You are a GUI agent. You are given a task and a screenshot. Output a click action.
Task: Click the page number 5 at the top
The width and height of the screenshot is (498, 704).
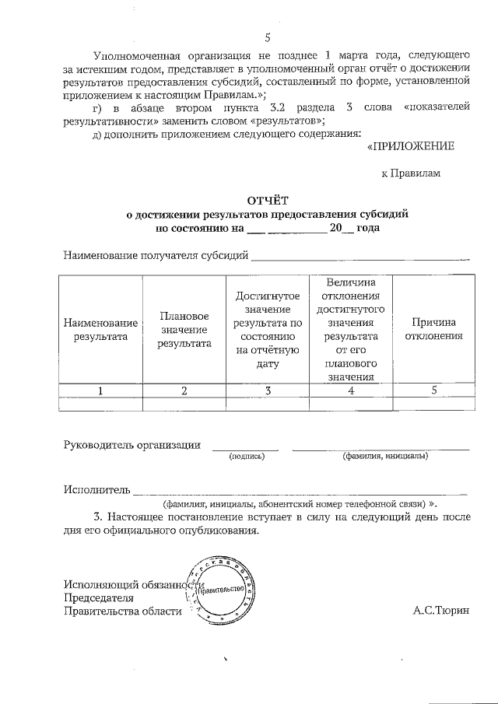(267, 37)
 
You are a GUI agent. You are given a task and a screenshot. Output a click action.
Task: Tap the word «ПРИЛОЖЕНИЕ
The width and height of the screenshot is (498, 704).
(409, 145)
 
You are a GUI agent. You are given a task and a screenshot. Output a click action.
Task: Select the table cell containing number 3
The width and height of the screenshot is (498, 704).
(268, 391)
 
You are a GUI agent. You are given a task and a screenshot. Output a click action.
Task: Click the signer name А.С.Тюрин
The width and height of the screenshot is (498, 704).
(441, 611)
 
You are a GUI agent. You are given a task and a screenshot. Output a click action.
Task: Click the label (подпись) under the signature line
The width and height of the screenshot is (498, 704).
(246, 457)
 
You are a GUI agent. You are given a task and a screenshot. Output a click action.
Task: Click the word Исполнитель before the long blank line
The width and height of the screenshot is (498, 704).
(95, 490)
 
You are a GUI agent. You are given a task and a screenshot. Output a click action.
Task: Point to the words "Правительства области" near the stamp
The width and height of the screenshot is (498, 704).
(122, 611)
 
